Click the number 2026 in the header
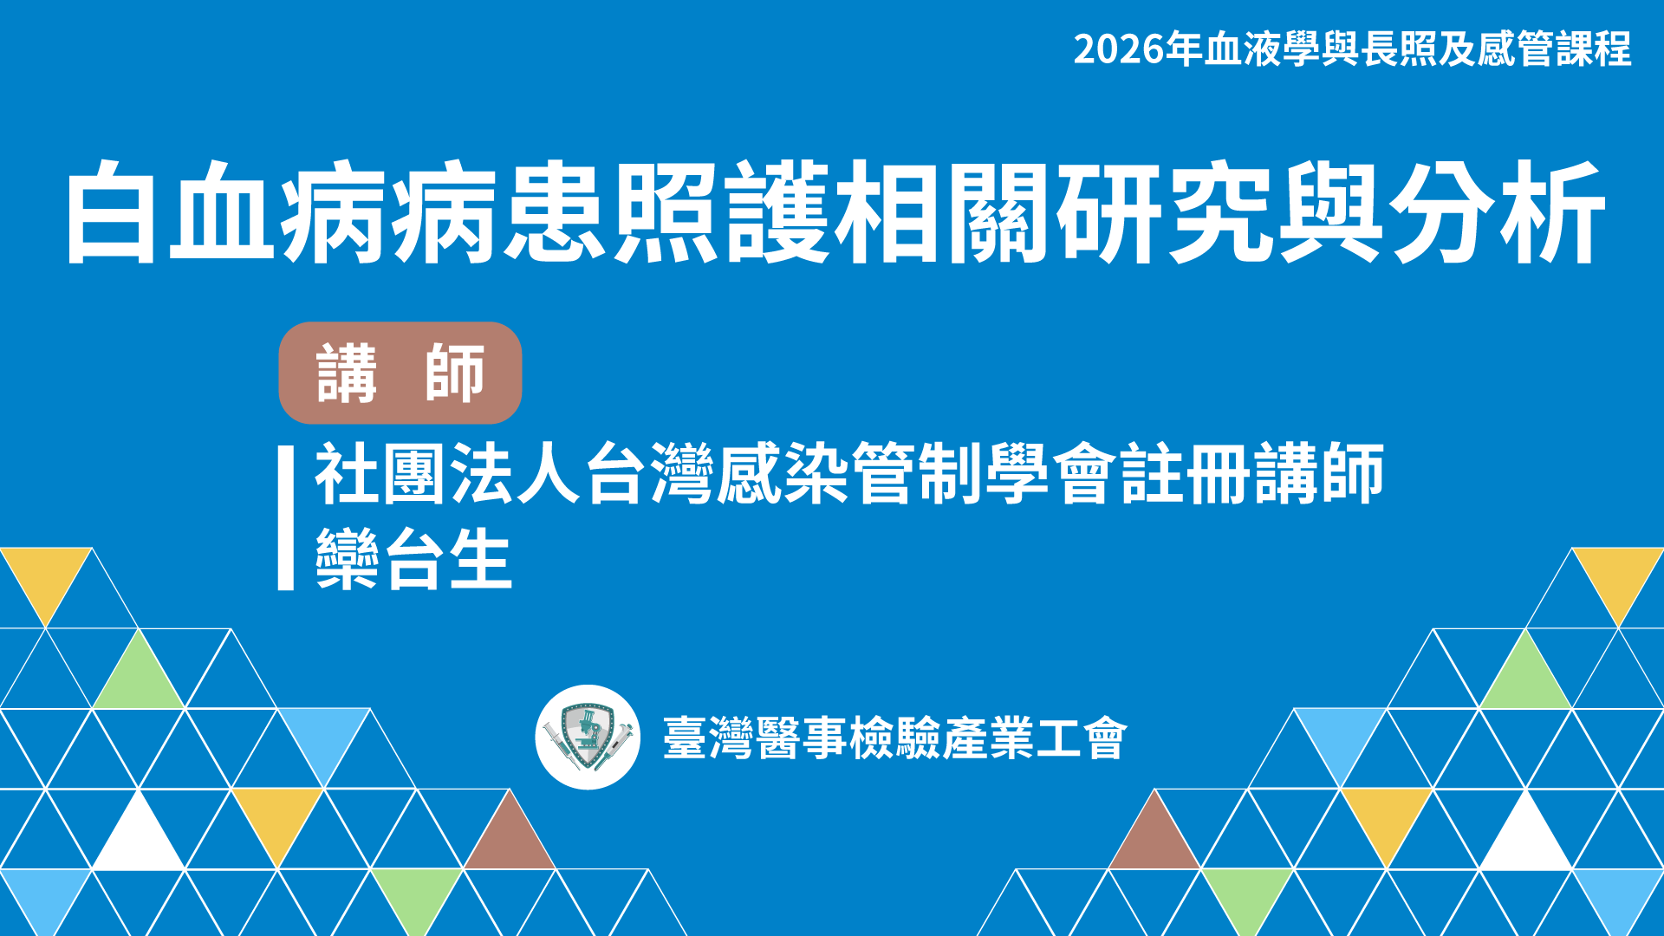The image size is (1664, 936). [1119, 49]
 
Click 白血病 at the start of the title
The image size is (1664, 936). [224, 211]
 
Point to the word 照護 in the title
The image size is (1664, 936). [725, 211]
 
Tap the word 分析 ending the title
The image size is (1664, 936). [1498, 211]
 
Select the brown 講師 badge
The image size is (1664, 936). [400, 373]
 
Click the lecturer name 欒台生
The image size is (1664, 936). [413, 559]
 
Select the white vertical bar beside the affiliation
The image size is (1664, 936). [286, 518]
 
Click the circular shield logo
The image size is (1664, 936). [588, 738]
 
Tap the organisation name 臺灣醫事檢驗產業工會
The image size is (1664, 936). [894, 738]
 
